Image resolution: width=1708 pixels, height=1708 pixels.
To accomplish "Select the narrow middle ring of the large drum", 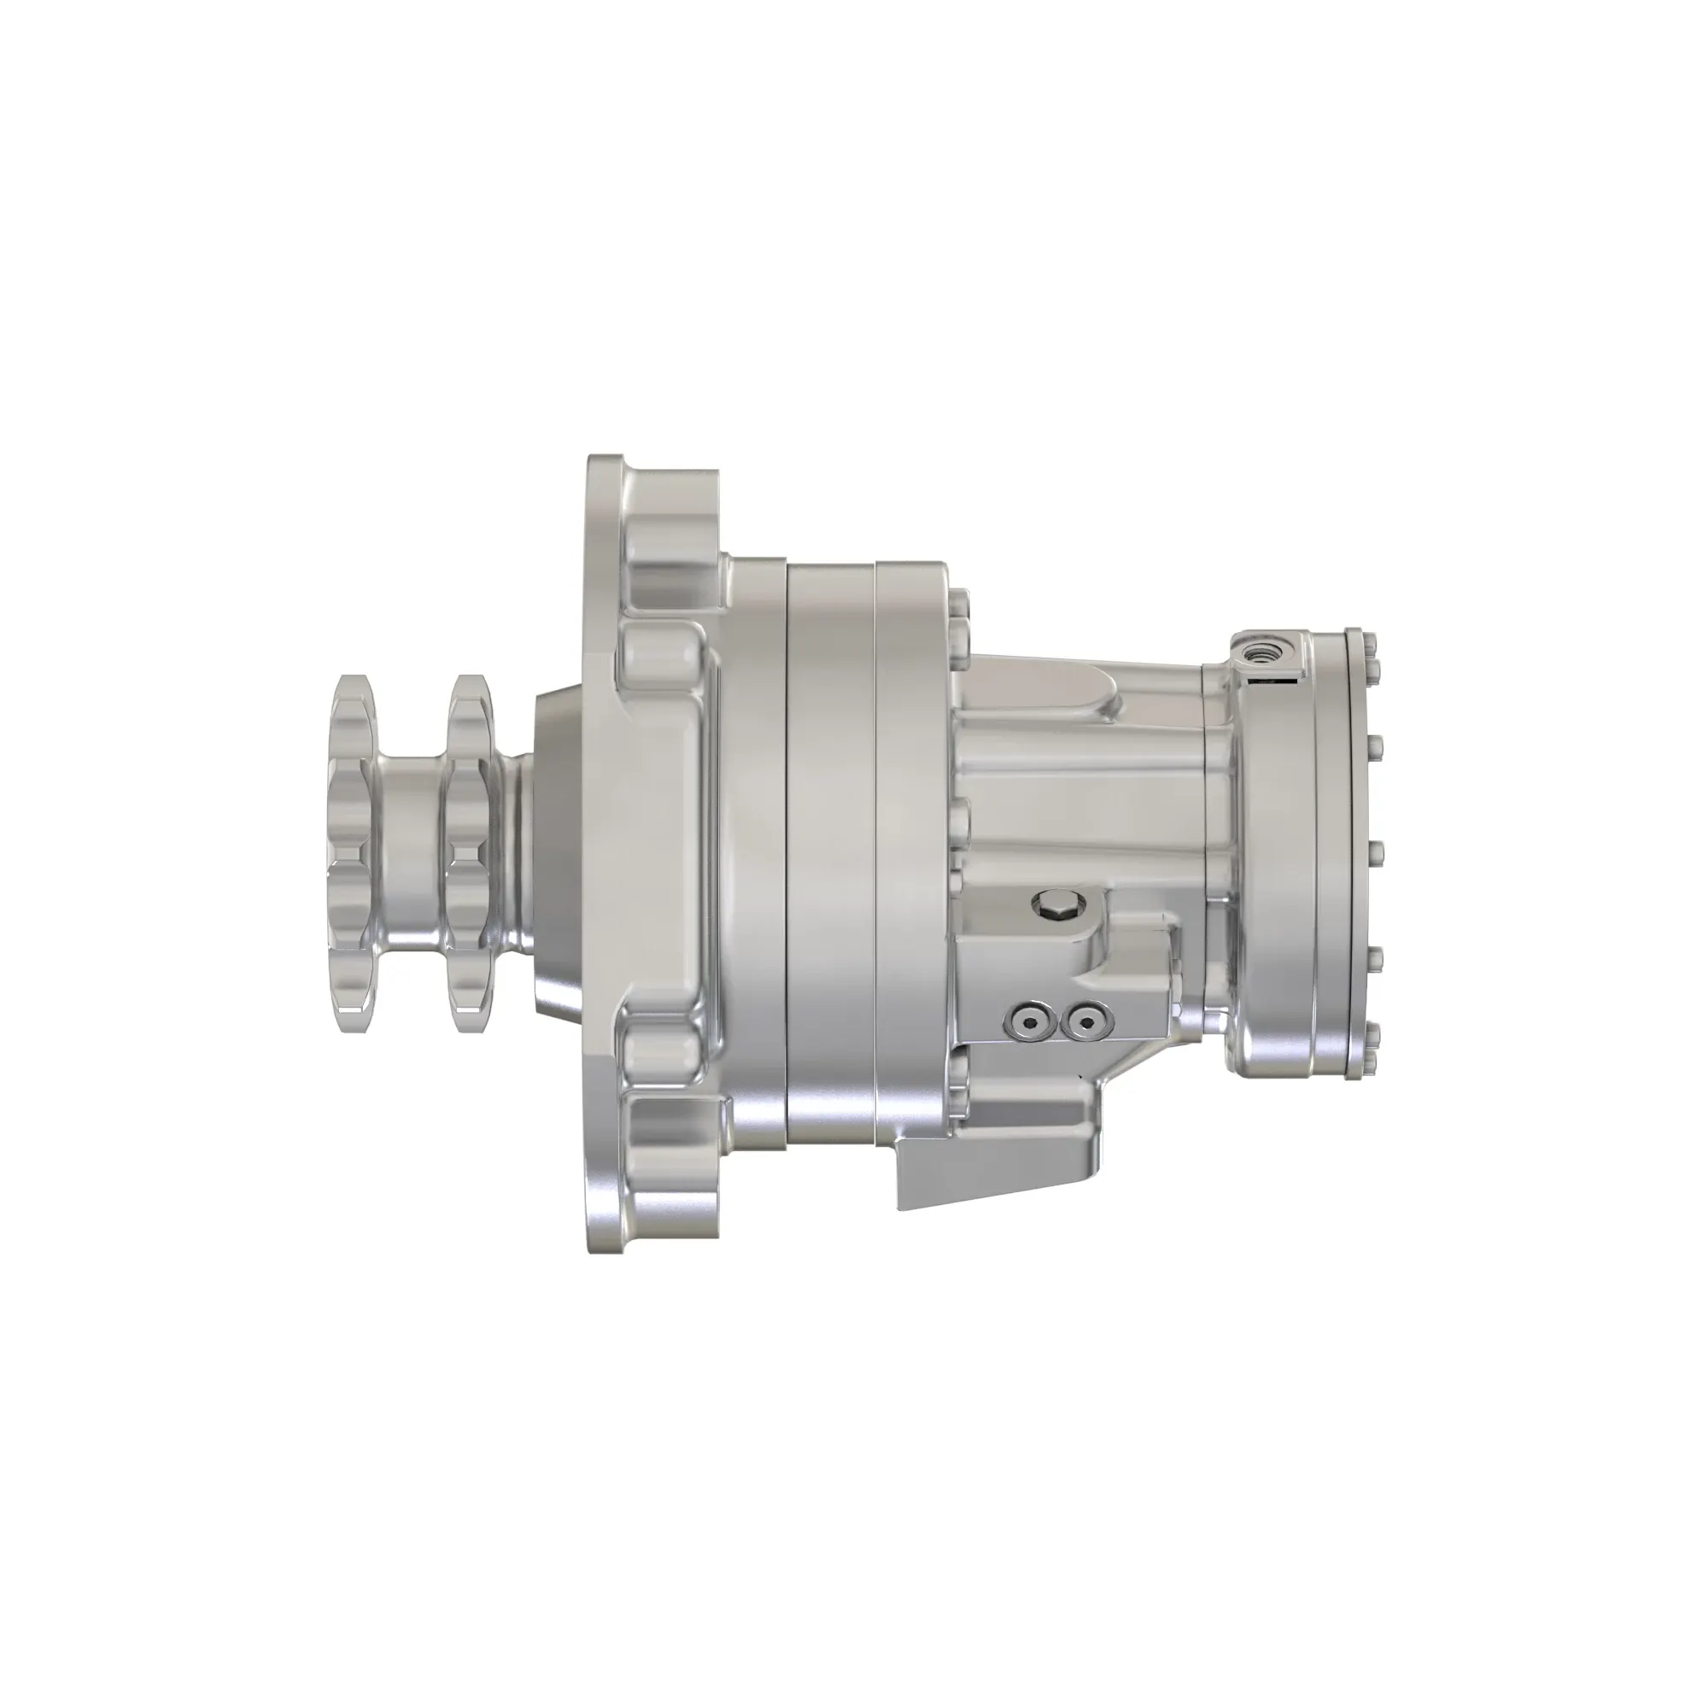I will (831, 849).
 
